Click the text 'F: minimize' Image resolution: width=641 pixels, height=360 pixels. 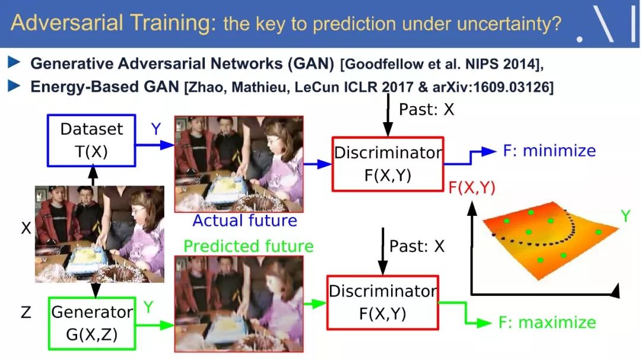[549, 151]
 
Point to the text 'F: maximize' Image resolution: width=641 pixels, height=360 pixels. [547, 323]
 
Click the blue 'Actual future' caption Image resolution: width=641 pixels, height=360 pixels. [245, 221]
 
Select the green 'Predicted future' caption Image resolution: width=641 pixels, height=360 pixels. [249, 246]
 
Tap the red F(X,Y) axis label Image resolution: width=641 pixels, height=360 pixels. [472, 187]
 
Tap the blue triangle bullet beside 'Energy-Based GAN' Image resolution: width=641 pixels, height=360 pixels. [14, 86]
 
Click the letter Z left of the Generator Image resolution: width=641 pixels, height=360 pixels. [26, 312]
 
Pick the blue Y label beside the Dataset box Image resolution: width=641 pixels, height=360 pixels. [156, 129]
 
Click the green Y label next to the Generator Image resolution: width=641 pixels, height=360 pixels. [148, 307]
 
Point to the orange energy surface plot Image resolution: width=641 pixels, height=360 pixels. [550, 239]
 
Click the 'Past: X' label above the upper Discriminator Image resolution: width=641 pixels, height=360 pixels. [426, 110]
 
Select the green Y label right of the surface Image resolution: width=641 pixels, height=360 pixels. [626, 216]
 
